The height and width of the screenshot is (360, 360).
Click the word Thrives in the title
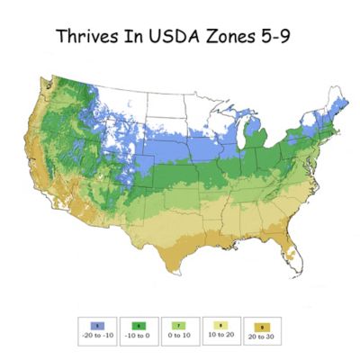(88, 37)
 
